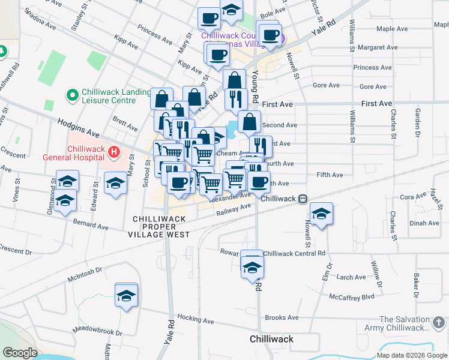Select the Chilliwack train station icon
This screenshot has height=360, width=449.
point(304,199)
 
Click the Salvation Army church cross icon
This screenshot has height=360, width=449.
point(439,324)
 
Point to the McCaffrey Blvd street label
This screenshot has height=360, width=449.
point(351,296)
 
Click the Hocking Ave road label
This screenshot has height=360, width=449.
point(195,321)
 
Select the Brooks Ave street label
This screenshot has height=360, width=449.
point(282,317)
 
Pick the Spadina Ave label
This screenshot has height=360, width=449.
point(40,29)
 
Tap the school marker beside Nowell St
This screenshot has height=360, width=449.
point(322,214)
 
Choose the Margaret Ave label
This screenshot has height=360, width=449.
point(375,47)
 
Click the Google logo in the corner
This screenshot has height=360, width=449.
point(19,353)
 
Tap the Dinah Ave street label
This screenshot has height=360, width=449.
point(424,223)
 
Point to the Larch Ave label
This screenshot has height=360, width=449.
point(351,277)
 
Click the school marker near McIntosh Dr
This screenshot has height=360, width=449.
point(126,295)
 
